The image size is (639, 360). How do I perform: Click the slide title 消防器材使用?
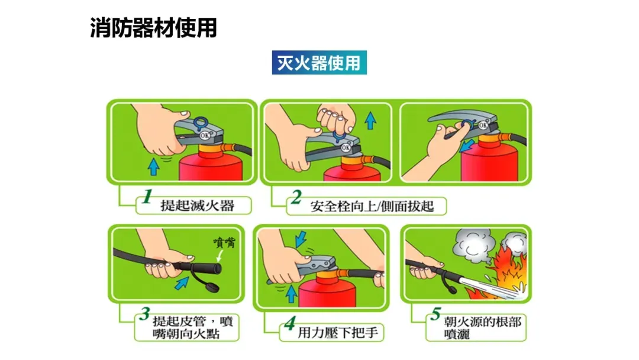[x=153, y=28]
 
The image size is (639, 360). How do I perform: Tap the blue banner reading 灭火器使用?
[x=319, y=62]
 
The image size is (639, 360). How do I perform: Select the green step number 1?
[x=147, y=196]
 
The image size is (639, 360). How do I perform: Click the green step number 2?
[x=296, y=197]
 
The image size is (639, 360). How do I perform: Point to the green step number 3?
[x=145, y=314]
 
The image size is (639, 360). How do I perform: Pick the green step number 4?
[x=290, y=323]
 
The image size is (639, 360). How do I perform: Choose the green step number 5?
[x=435, y=314]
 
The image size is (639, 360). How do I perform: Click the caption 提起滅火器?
[x=197, y=205]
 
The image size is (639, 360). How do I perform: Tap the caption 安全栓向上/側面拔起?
[x=372, y=206]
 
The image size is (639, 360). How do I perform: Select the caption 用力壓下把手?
[x=338, y=333]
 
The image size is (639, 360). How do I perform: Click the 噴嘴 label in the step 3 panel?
[x=225, y=243]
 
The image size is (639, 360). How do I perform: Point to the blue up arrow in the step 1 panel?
[x=153, y=167]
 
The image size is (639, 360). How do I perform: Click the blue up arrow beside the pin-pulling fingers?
[x=370, y=121]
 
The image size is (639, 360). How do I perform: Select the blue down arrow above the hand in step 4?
[x=301, y=239]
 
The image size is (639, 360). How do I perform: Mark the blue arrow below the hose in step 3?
[x=182, y=282]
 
